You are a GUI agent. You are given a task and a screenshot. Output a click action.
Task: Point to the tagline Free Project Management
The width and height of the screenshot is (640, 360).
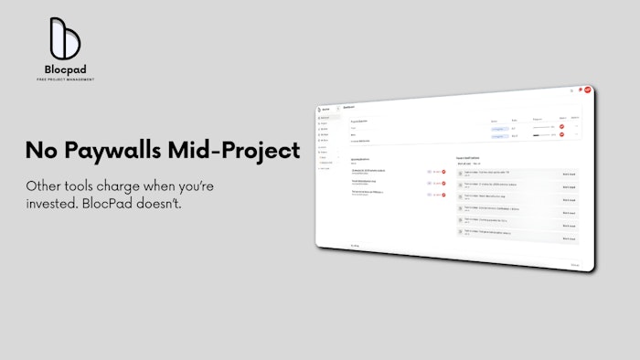pos(65,79)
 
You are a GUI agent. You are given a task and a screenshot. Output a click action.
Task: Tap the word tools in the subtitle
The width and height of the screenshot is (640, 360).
pos(87,185)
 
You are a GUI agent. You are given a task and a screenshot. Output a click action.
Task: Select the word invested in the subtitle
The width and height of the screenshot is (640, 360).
pos(54,203)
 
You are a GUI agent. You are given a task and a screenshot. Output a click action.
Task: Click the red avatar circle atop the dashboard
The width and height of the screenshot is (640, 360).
pos(587,90)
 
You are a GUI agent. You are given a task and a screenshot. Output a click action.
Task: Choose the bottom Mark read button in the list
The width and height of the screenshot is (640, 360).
pos(568,239)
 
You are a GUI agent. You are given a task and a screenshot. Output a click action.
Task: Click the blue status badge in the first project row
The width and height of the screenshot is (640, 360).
pos(498,127)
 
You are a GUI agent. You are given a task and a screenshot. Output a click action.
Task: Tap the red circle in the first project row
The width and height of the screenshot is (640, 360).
pos(562,127)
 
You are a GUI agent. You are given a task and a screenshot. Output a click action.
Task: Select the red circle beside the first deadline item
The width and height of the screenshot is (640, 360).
pos(443,171)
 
